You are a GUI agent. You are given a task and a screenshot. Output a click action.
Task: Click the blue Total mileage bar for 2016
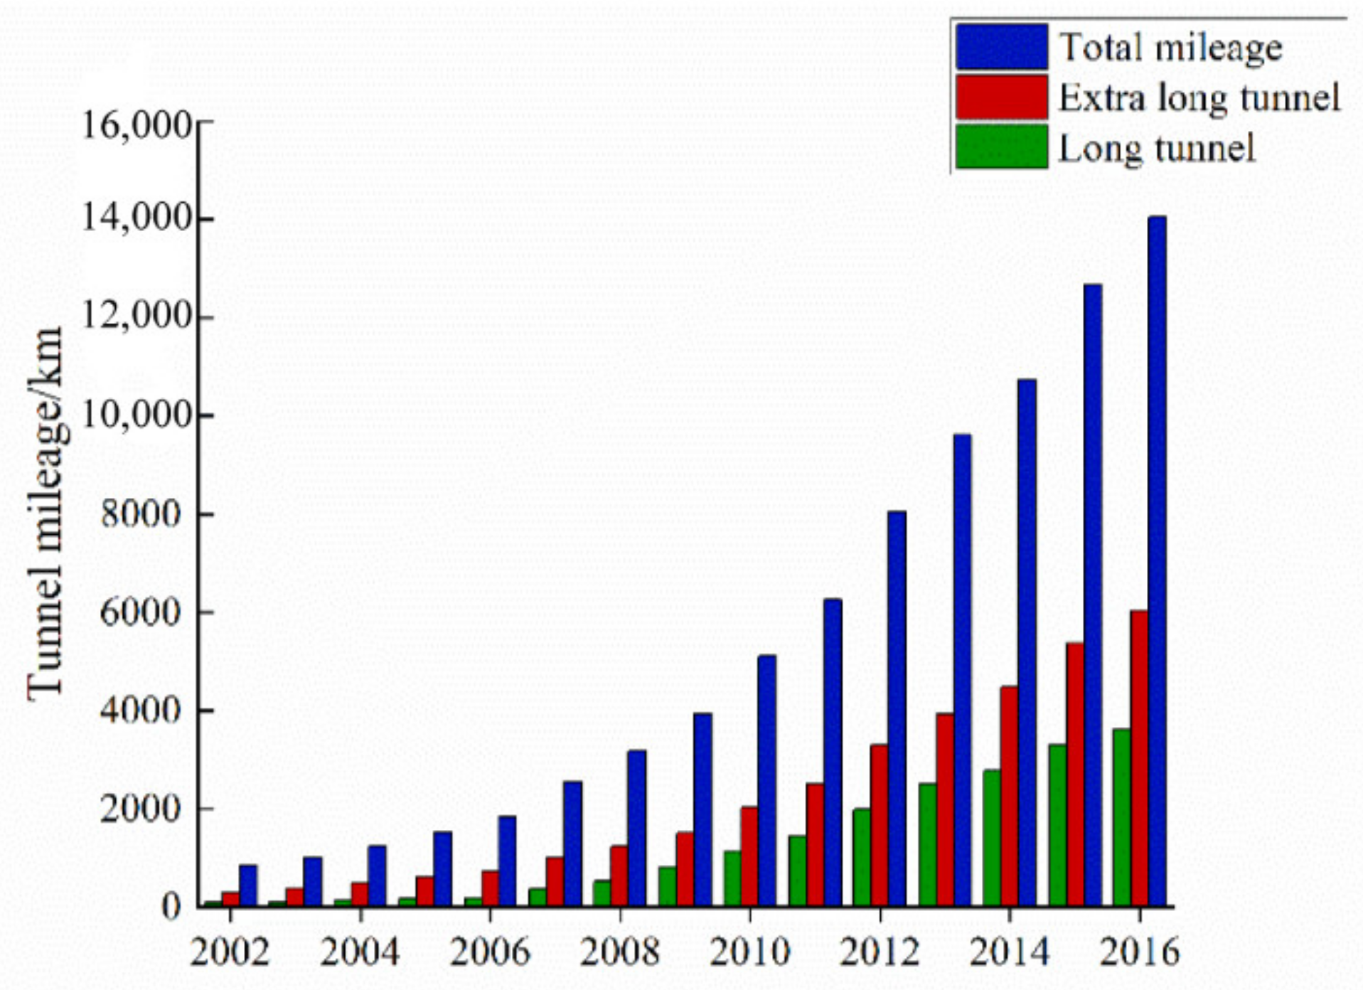tap(1157, 562)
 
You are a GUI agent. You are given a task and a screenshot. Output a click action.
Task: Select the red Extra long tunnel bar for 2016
tap(1139, 758)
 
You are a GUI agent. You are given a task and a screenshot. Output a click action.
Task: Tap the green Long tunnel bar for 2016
tap(1121, 818)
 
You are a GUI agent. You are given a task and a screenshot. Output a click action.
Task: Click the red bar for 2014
tap(1009, 797)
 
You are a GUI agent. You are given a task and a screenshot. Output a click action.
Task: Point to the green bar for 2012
tap(861, 858)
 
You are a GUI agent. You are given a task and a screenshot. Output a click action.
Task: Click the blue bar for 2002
tap(247, 886)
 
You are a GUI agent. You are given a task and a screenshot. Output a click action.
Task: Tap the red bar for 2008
tap(619, 876)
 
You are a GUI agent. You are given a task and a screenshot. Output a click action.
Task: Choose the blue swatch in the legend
tap(1001, 46)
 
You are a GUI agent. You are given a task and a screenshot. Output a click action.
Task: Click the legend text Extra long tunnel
tap(1199, 98)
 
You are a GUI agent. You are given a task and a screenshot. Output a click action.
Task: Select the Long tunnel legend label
tap(1156, 149)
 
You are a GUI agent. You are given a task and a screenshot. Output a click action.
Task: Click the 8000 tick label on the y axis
tap(141, 513)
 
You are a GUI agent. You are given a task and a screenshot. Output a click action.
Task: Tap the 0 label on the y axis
tap(171, 907)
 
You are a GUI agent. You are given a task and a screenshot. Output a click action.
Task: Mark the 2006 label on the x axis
tap(490, 952)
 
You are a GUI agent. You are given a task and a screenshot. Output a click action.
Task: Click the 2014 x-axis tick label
tap(1009, 952)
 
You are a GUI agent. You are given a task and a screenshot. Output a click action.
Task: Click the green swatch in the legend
tap(1001, 147)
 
